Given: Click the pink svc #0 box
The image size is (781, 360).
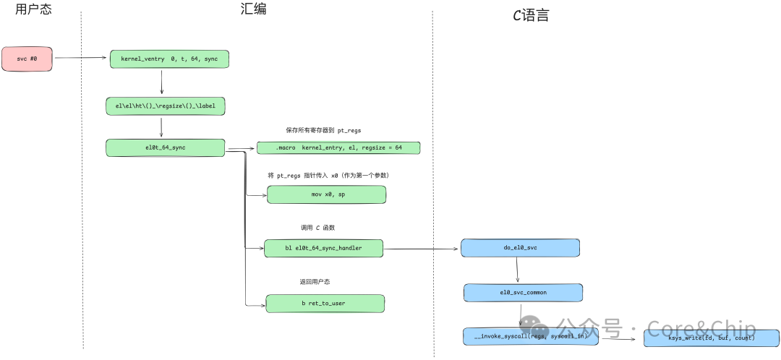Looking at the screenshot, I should [27, 59].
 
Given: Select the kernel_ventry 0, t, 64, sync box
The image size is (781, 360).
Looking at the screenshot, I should [169, 59].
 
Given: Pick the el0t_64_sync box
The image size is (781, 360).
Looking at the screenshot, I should [166, 147].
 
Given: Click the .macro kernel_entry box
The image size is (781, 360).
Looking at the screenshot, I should [338, 147].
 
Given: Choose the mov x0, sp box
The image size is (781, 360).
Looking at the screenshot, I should [326, 194].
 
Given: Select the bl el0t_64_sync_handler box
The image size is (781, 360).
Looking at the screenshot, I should [323, 249].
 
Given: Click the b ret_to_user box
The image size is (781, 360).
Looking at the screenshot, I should [325, 304].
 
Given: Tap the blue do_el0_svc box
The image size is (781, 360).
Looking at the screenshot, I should [520, 248].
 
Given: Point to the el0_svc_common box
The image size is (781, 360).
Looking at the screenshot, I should [523, 292].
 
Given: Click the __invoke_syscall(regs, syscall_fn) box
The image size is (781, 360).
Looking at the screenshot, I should [530, 336].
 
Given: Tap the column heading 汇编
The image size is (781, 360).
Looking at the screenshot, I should [253, 9].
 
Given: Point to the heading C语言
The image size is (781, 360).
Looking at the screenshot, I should [530, 14].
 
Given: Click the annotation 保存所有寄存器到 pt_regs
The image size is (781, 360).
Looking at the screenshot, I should [323, 131].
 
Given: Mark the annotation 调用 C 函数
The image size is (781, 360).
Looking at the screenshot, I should [318, 228].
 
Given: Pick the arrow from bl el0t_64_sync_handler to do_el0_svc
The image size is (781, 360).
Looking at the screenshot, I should [421, 249].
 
